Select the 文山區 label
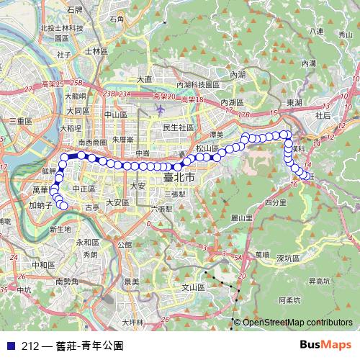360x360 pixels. tap(193, 287)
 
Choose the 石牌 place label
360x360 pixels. tap(74, 10)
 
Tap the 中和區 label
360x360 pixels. tap(33, 265)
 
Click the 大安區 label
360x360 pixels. tap(117, 202)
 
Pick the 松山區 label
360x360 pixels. tap(207, 148)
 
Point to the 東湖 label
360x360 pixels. tap(293, 103)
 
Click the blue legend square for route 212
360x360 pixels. tap(10, 345)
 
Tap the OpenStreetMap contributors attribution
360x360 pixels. tap(297, 322)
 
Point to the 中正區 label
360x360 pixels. tap(84, 189)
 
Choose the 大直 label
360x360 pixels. tap(145, 78)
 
